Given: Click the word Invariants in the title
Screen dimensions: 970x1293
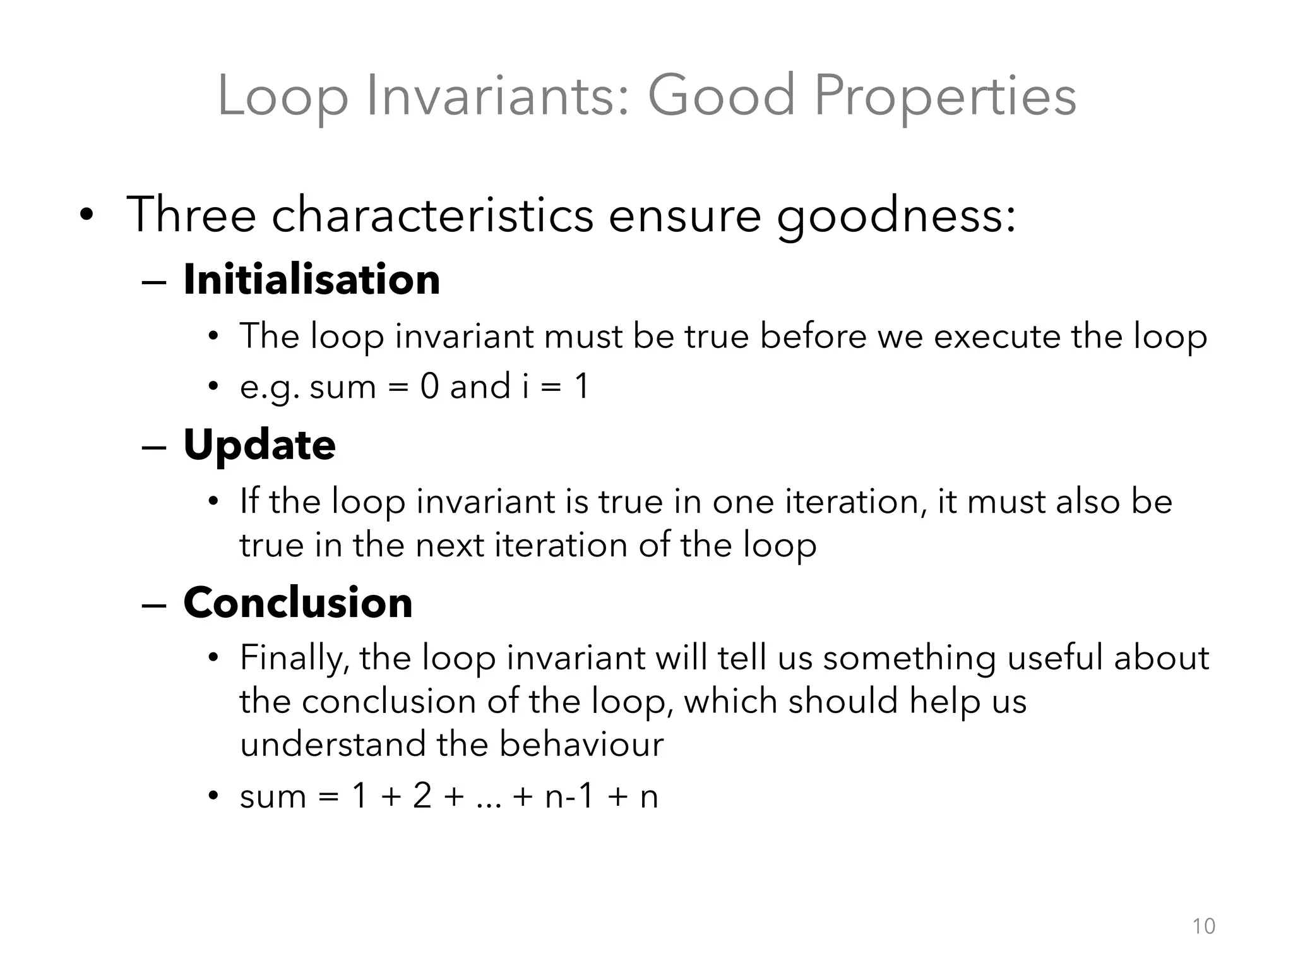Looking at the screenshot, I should point(498,96).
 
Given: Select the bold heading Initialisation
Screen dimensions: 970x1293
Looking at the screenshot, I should point(311,280).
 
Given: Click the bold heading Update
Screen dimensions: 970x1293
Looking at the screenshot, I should point(259,445).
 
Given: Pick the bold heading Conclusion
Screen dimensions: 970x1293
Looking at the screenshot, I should point(298,602).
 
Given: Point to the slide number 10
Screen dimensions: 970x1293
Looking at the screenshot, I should point(1203,926).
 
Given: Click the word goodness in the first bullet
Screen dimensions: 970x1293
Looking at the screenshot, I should point(896,216).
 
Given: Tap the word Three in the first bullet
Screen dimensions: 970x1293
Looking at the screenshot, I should point(191,215).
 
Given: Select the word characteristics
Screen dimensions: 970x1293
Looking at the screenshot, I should point(432,215).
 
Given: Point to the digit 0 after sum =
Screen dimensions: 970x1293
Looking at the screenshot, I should point(429,386).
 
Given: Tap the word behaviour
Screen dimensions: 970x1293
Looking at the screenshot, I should point(581,744).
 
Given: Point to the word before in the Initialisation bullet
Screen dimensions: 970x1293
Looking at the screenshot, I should point(813,336).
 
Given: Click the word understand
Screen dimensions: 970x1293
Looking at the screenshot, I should point(333,744).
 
